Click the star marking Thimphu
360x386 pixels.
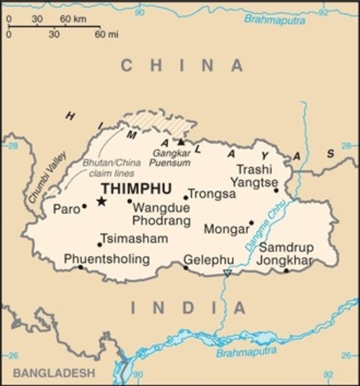point(101,201)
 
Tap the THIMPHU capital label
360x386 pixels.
point(136,188)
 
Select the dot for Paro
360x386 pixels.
point(85,206)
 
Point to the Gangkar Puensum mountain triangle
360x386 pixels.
point(181,141)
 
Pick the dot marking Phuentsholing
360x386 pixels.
point(80,267)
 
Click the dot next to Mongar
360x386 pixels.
point(251,223)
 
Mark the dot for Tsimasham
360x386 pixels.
point(100,245)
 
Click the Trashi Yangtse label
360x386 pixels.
point(257,175)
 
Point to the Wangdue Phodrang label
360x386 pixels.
point(161,215)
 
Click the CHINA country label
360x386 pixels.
point(182,65)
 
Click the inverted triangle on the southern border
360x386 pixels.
point(227,273)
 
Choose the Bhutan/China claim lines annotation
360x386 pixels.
point(112,167)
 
